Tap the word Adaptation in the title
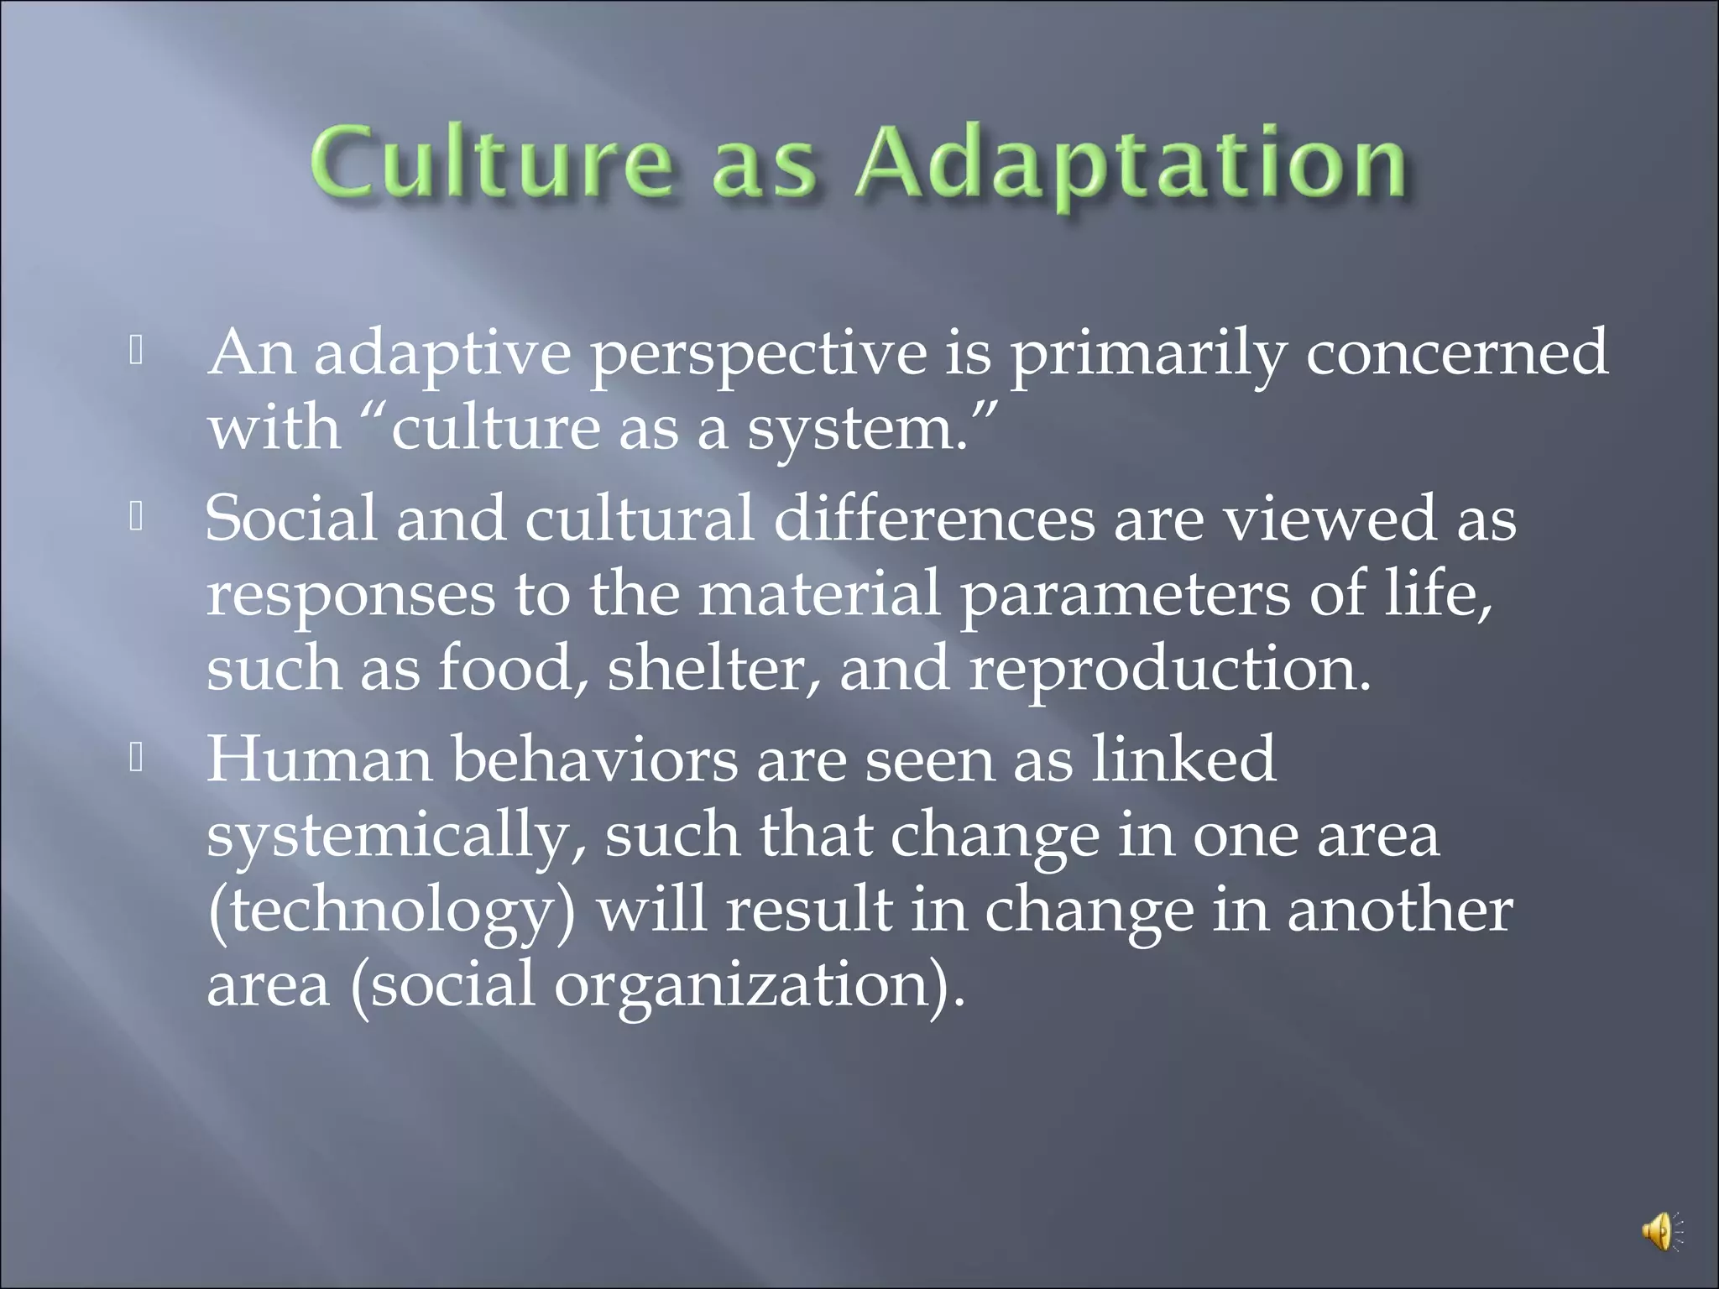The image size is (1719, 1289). [x=1130, y=164]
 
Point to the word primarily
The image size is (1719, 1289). [x=1147, y=355]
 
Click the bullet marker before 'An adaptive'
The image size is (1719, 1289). [x=137, y=352]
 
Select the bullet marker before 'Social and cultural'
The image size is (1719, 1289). [x=137, y=518]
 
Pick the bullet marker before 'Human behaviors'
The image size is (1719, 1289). [x=137, y=759]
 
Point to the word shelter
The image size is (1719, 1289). [x=713, y=669]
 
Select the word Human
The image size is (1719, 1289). [x=319, y=759]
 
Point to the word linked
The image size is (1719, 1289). [x=1183, y=759]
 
